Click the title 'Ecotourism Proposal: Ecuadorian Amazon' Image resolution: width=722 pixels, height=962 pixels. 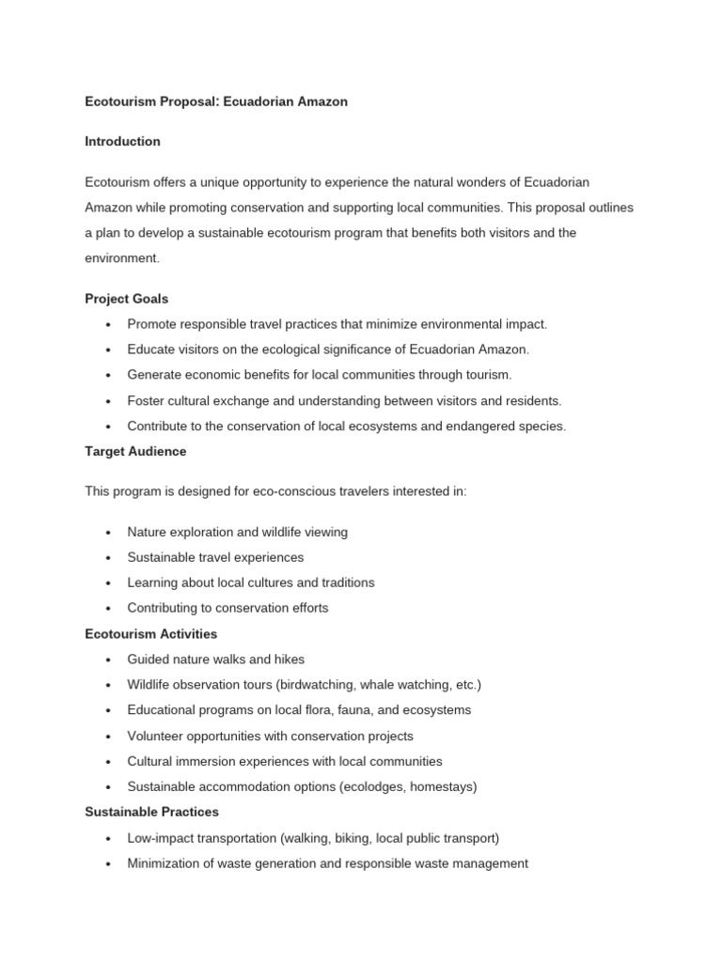pos(216,101)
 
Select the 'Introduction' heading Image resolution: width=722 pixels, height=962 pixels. pos(122,142)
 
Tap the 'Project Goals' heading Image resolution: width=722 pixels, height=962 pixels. pos(127,299)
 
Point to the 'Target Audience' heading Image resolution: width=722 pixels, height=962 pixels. pos(135,452)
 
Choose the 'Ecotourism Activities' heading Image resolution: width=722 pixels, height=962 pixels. pos(150,634)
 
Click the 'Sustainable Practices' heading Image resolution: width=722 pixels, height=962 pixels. pos(151,812)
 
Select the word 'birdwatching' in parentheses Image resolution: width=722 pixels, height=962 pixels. pos(308,685)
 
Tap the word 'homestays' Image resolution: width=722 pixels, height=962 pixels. pos(442,786)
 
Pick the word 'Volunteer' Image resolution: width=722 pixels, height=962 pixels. pos(156,736)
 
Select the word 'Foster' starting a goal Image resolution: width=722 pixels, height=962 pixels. pos(146,401)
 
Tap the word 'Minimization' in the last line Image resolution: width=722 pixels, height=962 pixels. pos(165,863)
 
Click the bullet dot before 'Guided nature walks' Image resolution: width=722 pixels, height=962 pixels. pos(109,660)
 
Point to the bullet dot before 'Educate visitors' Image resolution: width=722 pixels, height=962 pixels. pos(109,350)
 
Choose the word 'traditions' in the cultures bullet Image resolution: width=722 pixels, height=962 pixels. pos(342,582)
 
